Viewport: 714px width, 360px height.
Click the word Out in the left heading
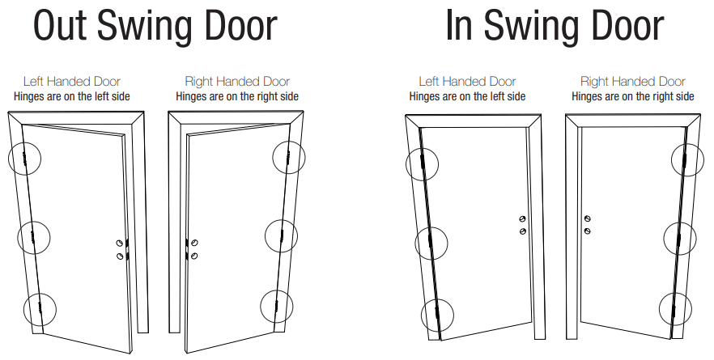60,26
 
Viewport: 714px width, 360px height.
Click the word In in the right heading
460,26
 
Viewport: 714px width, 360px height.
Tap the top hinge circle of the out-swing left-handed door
9,159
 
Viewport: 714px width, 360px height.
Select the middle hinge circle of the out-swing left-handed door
18,238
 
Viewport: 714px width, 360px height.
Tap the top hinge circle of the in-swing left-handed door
406,164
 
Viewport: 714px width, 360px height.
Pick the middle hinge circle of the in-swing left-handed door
415,243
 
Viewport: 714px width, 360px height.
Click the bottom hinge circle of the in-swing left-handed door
421,315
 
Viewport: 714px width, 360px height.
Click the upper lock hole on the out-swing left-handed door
119,243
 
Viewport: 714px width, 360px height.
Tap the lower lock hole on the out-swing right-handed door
194,256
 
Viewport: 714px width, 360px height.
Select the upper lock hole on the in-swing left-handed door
522,219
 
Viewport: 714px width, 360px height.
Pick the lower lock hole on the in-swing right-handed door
588,231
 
